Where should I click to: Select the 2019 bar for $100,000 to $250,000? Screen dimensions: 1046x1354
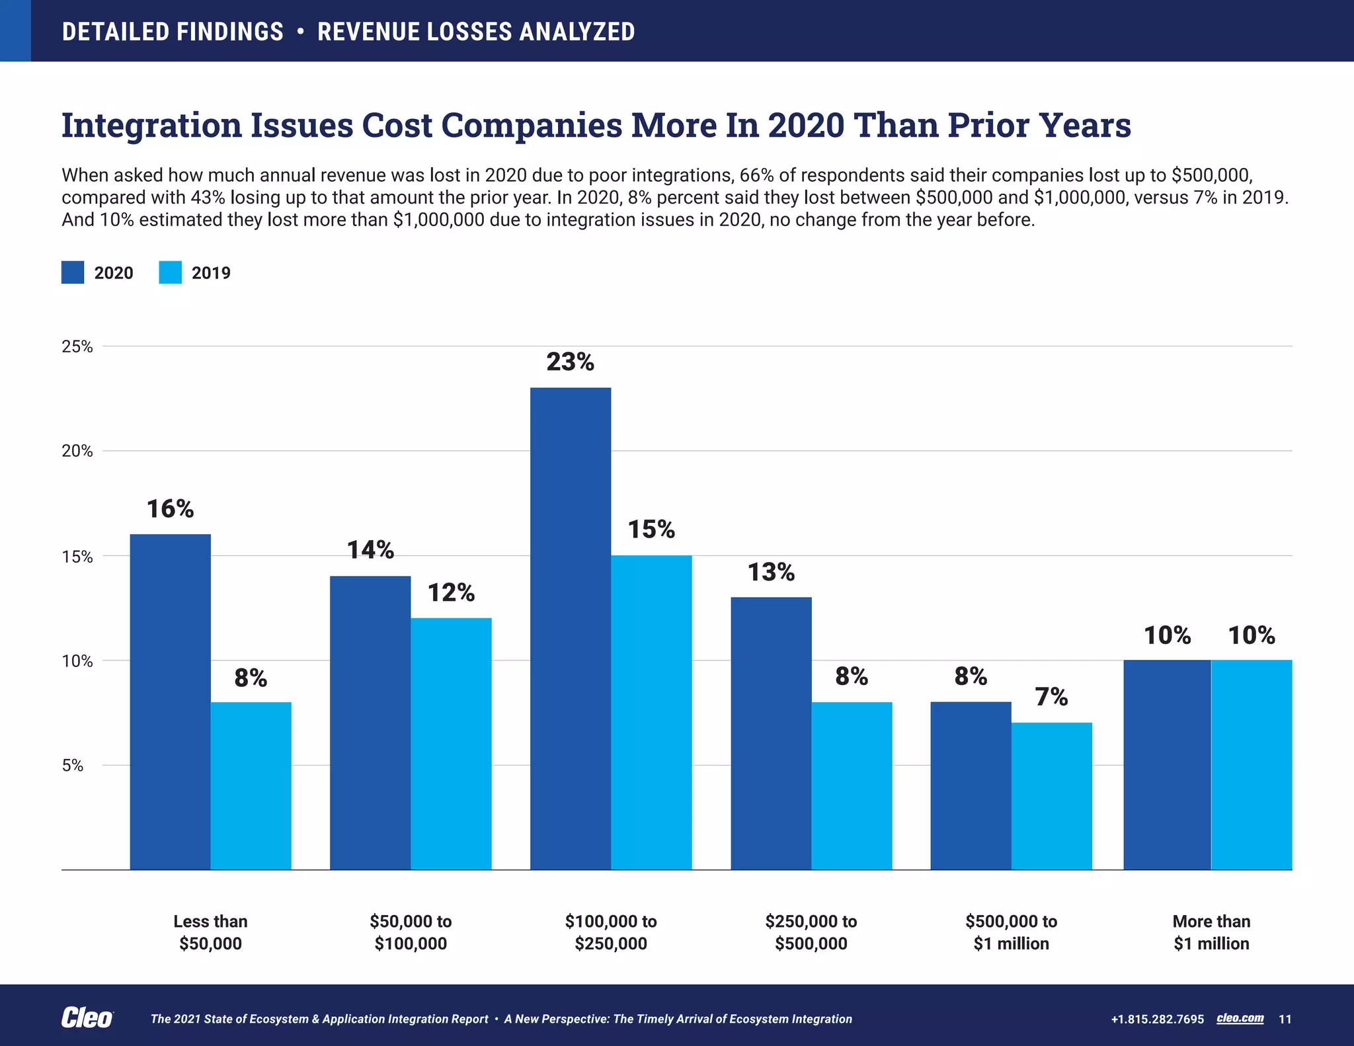[651, 712]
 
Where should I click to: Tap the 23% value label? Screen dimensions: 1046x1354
[570, 362]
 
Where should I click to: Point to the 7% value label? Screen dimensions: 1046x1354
[1051, 697]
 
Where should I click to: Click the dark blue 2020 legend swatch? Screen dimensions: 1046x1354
[73, 272]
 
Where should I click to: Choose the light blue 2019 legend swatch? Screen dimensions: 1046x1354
[170, 272]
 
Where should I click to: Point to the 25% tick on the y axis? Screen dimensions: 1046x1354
[77, 346]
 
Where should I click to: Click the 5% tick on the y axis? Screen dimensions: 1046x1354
[73, 766]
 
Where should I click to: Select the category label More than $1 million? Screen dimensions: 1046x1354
[1211, 932]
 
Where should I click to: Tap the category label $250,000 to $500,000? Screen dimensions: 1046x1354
[811, 932]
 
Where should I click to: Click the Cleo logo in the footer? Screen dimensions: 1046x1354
[87, 1018]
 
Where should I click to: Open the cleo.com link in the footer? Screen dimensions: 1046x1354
[1240, 1018]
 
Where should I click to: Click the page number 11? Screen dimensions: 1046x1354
[1285, 1019]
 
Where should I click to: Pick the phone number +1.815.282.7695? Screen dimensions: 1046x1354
[1157, 1019]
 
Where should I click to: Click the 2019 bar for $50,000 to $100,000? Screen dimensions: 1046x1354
[451, 744]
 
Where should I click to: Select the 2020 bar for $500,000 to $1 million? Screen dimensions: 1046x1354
[971, 785]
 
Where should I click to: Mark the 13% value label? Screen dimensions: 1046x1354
[771, 572]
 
